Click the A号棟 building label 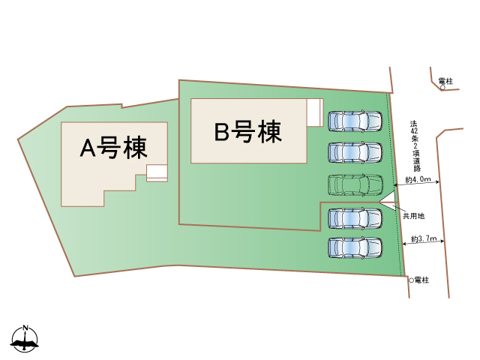coord(113,148)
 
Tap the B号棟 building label coord(247,132)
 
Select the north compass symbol coord(25,340)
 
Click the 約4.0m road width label coord(417,179)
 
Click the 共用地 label coord(413,215)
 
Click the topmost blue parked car coord(354,120)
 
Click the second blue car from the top coord(354,152)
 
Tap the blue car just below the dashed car coord(354,217)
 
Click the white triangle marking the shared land coord(389,201)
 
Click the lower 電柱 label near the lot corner coord(421,280)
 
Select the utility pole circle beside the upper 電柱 coord(442,88)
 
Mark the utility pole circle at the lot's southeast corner coord(411,280)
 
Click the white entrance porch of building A coord(157,172)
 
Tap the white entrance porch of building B coord(314,113)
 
